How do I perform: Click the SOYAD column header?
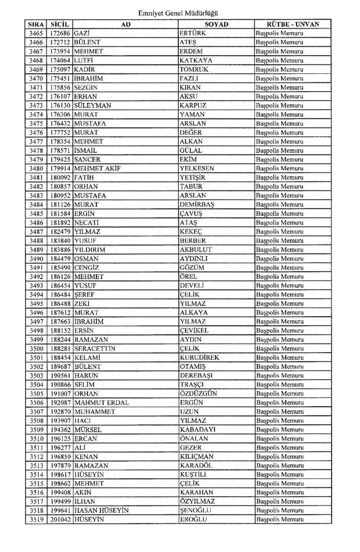pyautogui.click(x=216, y=24)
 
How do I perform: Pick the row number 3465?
pyautogui.click(x=36, y=34)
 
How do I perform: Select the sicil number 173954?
pyautogui.click(x=60, y=52)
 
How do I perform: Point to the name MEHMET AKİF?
pyautogui.click(x=95, y=169)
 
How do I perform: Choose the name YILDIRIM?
pyautogui.click(x=89, y=249)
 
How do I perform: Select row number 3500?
pyautogui.click(x=36, y=348)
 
